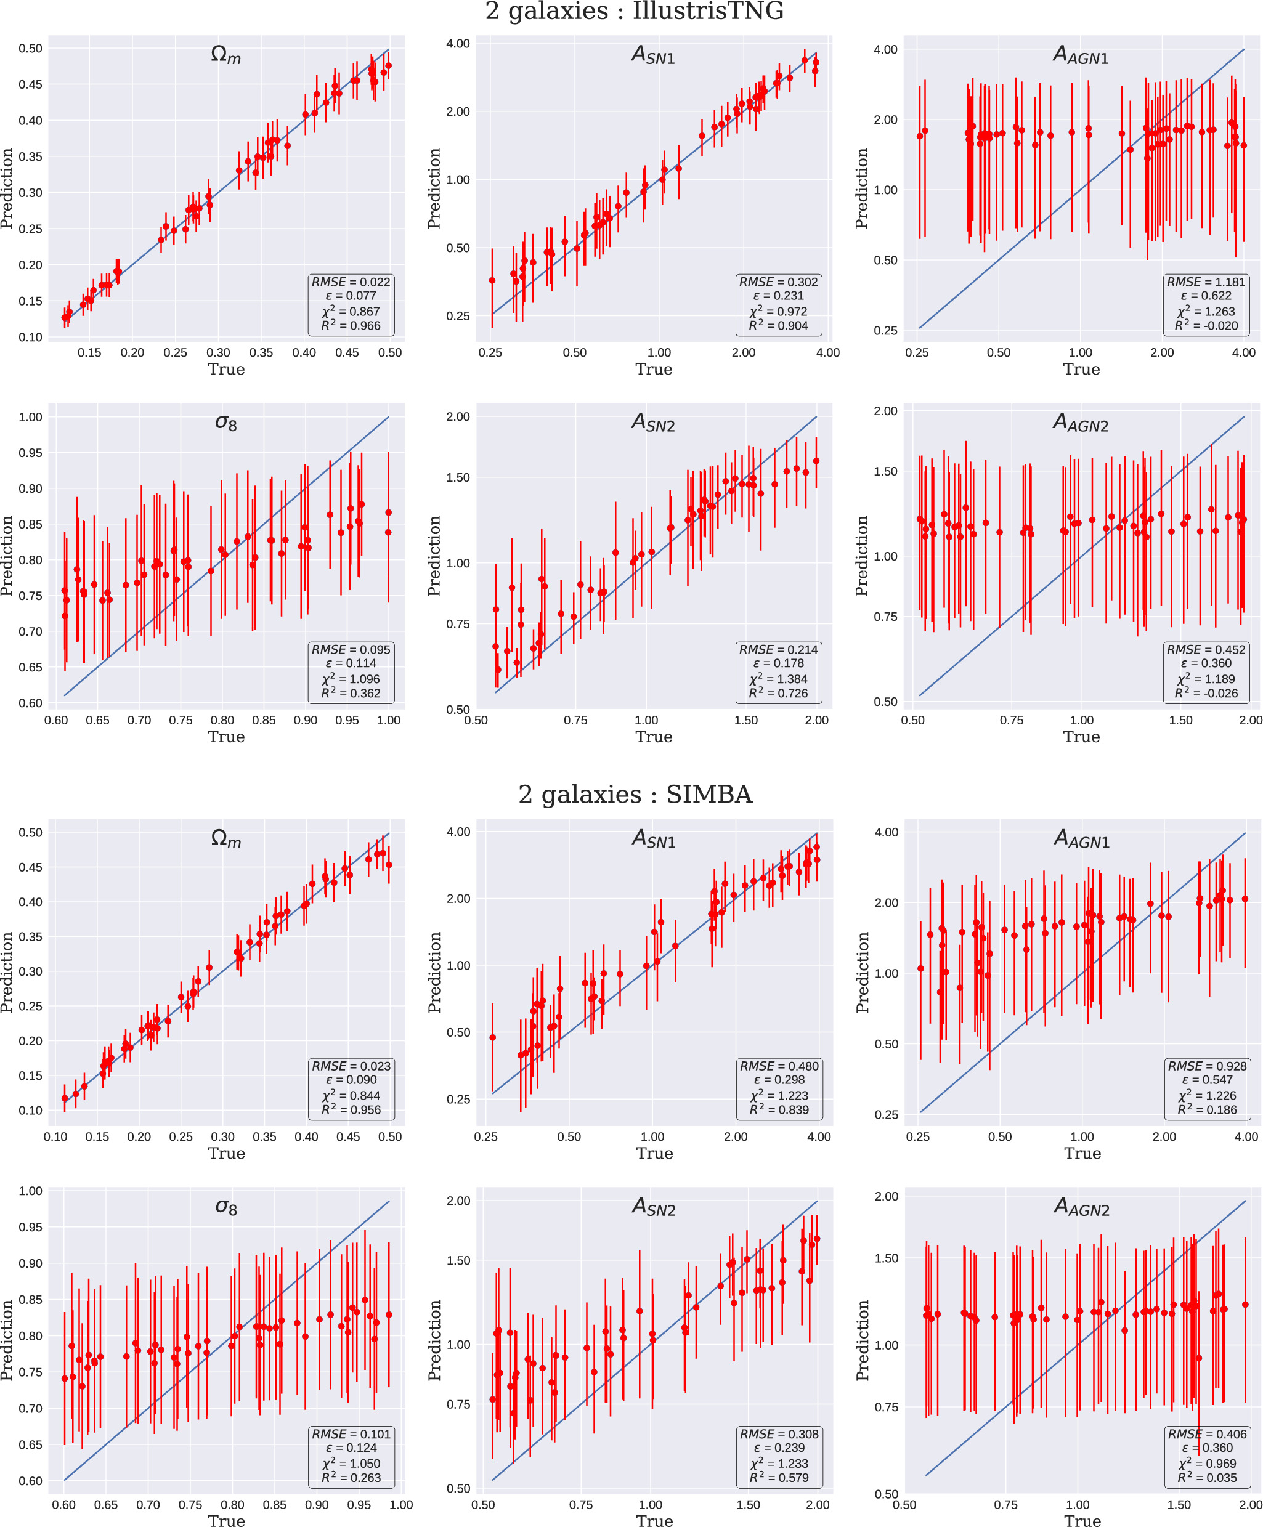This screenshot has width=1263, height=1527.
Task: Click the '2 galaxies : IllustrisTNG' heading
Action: (x=634, y=12)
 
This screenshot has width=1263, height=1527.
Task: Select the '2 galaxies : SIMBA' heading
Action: (x=635, y=794)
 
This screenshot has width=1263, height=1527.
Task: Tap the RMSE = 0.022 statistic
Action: (x=351, y=282)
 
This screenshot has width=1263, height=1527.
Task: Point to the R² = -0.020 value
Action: (x=1206, y=326)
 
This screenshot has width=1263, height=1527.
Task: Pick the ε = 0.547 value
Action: (x=1207, y=1080)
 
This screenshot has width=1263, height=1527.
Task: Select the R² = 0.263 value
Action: (x=351, y=1478)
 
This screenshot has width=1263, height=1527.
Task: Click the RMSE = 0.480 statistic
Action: (x=779, y=1066)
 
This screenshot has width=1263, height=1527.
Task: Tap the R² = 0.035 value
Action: (x=1207, y=1478)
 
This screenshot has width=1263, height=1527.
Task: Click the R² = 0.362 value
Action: (x=351, y=693)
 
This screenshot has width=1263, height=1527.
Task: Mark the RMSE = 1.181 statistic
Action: (x=1206, y=282)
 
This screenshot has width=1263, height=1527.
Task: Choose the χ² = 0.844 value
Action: (x=351, y=1095)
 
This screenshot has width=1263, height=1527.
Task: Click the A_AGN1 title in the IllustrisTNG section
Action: (x=1081, y=55)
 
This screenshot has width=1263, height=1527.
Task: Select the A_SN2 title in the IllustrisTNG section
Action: (x=653, y=423)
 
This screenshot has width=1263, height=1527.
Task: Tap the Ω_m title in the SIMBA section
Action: (x=225, y=839)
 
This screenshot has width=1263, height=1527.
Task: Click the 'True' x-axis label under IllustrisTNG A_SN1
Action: (x=654, y=370)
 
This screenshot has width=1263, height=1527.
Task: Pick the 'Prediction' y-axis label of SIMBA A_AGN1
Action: (x=863, y=972)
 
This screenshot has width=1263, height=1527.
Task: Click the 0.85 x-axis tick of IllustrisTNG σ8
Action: (x=264, y=720)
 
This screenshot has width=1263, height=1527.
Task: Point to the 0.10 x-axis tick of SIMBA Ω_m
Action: (x=56, y=1136)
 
